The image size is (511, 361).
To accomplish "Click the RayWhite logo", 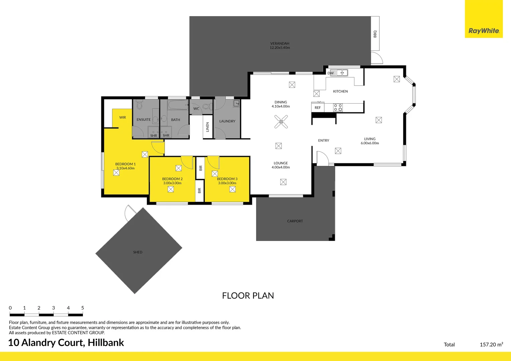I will click(x=484, y=31).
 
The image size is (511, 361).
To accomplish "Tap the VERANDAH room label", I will click(x=280, y=43).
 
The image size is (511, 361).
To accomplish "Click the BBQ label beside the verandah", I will click(x=375, y=34).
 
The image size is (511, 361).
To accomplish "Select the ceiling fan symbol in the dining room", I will click(x=281, y=122).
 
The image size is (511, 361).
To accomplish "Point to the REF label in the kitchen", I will click(x=317, y=108).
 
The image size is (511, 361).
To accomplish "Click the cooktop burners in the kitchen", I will click(x=338, y=108).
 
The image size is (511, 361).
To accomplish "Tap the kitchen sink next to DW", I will click(x=342, y=73).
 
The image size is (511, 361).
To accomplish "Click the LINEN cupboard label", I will click(x=207, y=127).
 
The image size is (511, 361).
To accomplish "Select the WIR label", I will click(x=122, y=117).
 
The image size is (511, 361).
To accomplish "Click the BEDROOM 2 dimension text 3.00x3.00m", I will click(x=172, y=183).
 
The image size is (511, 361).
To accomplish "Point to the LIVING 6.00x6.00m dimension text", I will click(x=370, y=143).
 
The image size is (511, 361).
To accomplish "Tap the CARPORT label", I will click(x=295, y=221).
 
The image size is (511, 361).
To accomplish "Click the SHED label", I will click(x=137, y=252).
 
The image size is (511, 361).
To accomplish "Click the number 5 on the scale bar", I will click(x=83, y=308).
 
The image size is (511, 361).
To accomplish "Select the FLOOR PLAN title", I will click(x=248, y=295).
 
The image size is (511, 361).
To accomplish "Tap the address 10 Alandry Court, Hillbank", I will click(x=66, y=343).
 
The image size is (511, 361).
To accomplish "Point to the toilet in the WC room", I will click(x=206, y=107).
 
